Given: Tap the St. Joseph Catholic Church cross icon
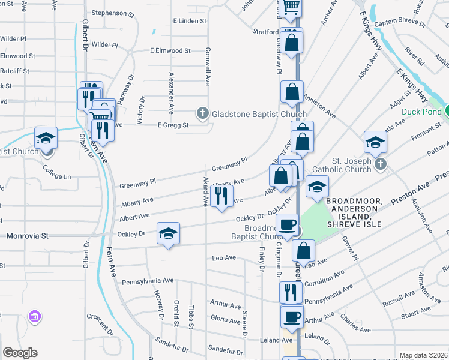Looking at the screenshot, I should [379, 164].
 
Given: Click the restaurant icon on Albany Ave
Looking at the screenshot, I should [221, 196].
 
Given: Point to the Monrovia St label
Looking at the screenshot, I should [27, 236].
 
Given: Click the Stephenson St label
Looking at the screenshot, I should [113, 13].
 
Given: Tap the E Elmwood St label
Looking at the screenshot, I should [170, 51].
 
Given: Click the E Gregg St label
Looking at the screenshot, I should [173, 125].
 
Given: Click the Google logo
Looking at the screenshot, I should [20, 353].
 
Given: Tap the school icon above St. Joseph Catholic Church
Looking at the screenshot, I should [375, 142].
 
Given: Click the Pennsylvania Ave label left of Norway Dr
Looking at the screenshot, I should [148, 281].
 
